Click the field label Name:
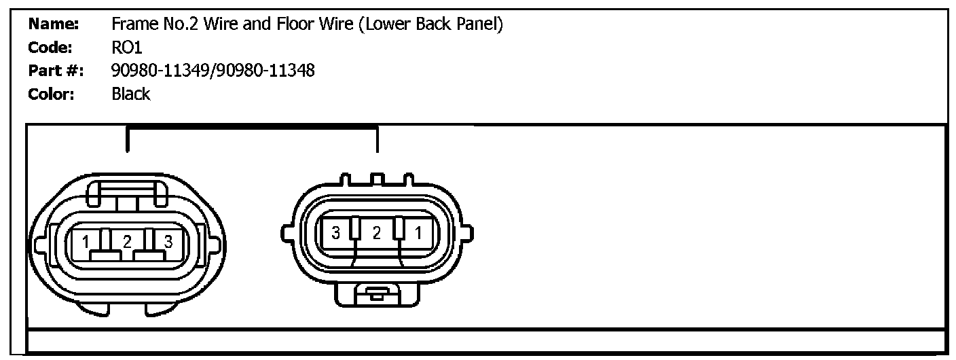pyautogui.click(x=54, y=25)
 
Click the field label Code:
pyautogui.click(x=51, y=48)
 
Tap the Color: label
pyautogui.click(x=52, y=94)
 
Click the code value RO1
pyautogui.click(x=127, y=48)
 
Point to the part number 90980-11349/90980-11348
pyautogui.click(x=213, y=71)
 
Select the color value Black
pyautogui.click(x=130, y=94)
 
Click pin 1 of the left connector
pyautogui.click(x=86, y=242)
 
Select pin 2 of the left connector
pyautogui.click(x=126, y=242)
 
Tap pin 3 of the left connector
pyautogui.click(x=168, y=242)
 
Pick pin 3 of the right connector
pyautogui.click(x=335, y=234)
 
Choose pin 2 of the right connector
pyautogui.click(x=377, y=234)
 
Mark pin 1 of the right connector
pyautogui.click(x=418, y=234)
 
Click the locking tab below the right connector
pyautogui.click(x=377, y=294)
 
